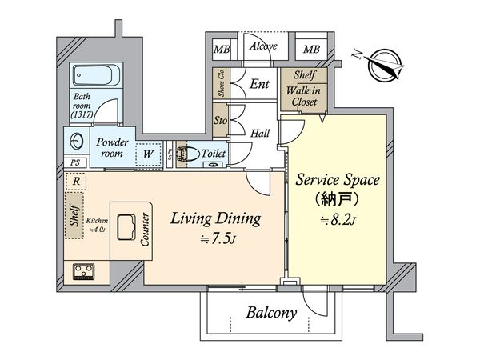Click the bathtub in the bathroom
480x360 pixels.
(96, 75)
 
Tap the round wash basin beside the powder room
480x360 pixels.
(77, 142)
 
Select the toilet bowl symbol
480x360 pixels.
(190, 154)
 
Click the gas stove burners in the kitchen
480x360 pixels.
(83, 271)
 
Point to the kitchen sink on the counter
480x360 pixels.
(126, 227)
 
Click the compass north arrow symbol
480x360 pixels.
(385, 65)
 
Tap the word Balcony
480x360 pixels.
(271, 313)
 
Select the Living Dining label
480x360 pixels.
(215, 218)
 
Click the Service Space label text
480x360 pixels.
(338, 180)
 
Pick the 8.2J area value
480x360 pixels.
(338, 220)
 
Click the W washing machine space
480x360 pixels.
(148, 154)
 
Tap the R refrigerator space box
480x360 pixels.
(76, 182)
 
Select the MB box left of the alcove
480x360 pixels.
(222, 50)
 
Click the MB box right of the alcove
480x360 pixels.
(312, 50)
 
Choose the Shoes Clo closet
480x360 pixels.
(222, 82)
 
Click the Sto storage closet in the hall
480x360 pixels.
(221, 120)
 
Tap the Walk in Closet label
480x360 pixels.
(304, 96)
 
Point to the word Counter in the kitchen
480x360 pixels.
(145, 230)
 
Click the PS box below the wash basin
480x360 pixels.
(75, 162)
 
